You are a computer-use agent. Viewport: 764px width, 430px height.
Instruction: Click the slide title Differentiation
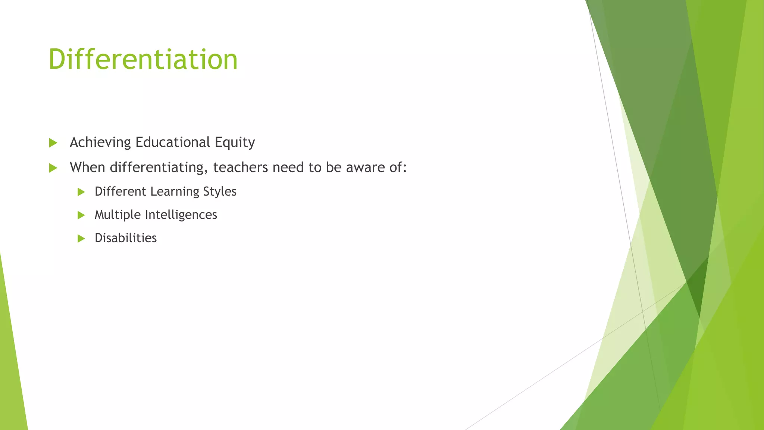[x=143, y=60]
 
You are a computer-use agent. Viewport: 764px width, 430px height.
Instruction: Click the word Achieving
[x=100, y=143]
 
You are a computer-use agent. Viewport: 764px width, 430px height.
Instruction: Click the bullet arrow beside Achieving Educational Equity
[x=53, y=143]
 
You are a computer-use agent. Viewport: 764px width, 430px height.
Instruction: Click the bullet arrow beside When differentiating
[x=53, y=168]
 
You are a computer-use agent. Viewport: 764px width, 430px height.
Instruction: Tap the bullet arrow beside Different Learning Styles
[x=81, y=192]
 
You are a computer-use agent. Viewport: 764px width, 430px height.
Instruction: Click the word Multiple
[x=118, y=215]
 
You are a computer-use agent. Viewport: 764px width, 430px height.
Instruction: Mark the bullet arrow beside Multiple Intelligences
[x=81, y=215]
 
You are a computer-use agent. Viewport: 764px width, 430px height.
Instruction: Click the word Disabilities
[x=126, y=238]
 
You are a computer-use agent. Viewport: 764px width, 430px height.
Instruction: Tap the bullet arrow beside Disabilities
[x=81, y=239]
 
